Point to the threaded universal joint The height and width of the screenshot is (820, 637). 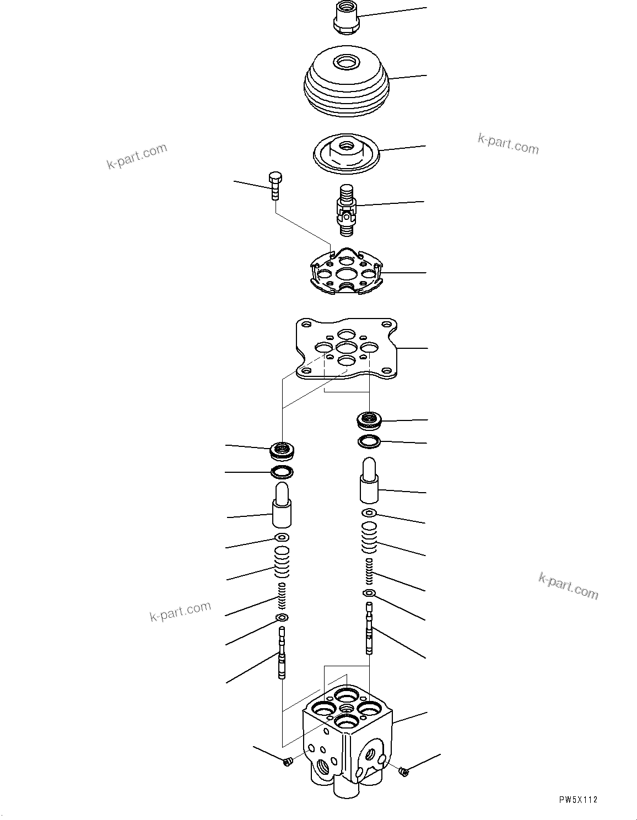(347, 209)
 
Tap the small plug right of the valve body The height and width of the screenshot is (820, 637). (404, 772)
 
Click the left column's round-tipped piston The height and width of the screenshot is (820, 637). (282, 505)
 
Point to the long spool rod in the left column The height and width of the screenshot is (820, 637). (282, 654)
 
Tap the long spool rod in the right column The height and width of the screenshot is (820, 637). (370, 628)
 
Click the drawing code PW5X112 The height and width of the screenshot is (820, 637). (576, 800)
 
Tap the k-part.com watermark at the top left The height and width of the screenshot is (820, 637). (137, 157)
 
